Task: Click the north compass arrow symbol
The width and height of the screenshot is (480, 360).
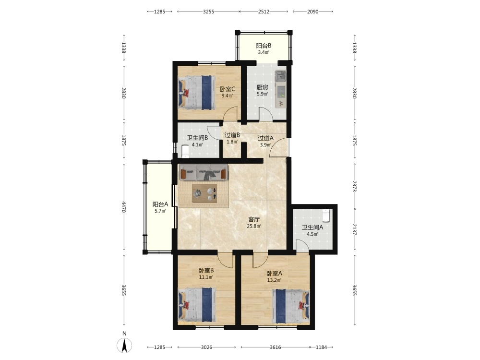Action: click(124, 346)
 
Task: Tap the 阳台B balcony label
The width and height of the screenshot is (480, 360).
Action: click(264, 46)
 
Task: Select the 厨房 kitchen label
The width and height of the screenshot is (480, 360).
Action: click(263, 87)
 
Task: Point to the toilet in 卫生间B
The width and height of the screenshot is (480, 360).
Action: click(185, 151)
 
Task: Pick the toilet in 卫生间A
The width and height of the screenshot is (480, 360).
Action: click(326, 215)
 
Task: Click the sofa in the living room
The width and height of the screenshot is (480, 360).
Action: click(204, 172)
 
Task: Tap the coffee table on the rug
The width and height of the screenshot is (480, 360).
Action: click(204, 193)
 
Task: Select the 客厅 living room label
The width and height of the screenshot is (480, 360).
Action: click(254, 219)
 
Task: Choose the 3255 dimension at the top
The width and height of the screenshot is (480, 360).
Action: click(208, 12)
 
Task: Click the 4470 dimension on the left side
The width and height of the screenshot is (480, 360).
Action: click(124, 206)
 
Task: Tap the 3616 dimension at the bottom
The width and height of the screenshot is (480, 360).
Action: click(275, 347)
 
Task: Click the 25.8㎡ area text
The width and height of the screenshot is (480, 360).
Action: click(254, 226)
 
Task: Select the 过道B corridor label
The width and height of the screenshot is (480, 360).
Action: click(232, 135)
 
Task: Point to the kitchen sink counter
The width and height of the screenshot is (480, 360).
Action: click(280, 89)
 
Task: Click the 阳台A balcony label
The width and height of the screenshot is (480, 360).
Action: click(160, 204)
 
